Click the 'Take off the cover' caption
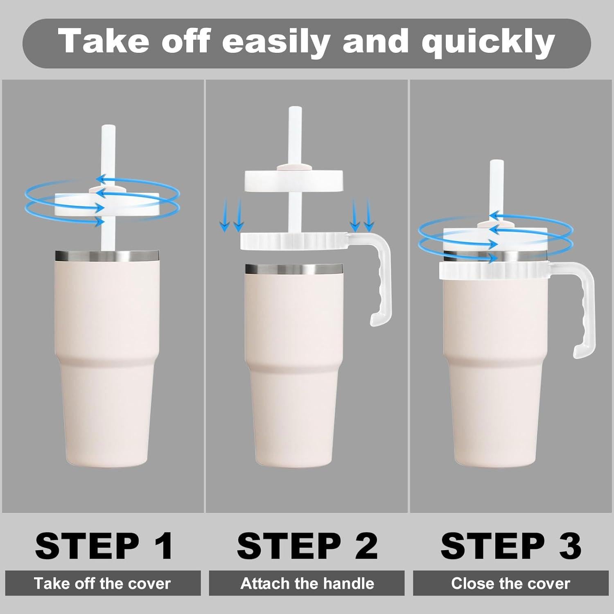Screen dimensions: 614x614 tap(102, 583)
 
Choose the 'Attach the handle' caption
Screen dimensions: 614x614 tap(307, 583)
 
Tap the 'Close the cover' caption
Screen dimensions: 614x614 tap(510, 583)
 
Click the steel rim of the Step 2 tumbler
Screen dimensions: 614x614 tap(293, 269)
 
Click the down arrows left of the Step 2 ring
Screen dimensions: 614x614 tap(232, 216)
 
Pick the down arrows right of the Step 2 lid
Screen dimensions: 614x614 tap(362, 215)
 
